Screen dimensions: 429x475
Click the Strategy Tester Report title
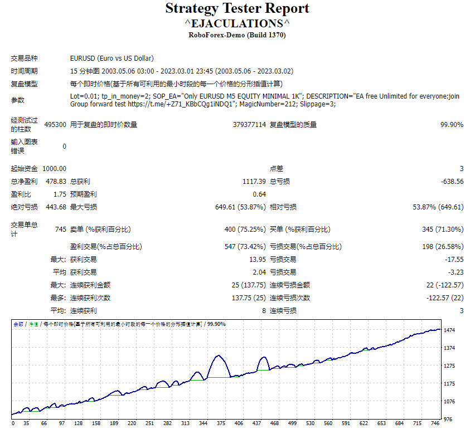click(237, 9)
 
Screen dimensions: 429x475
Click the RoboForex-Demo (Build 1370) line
click(237, 35)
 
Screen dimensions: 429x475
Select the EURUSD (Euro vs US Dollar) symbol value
click(112, 58)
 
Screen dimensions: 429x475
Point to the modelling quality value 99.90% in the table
click(452, 125)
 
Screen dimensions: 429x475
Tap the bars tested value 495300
click(55, 125)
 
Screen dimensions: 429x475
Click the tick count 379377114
click(249, 125)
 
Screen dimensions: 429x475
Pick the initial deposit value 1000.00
click(54, 169)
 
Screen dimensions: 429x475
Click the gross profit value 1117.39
click(254, 182)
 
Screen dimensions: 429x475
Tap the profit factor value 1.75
click(60, 194)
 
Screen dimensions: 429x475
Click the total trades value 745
click(60, 229)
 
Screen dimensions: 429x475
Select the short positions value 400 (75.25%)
click(245, 229)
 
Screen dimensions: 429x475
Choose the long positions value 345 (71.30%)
click(443, 229)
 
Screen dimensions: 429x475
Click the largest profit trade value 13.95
click(257, 259)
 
